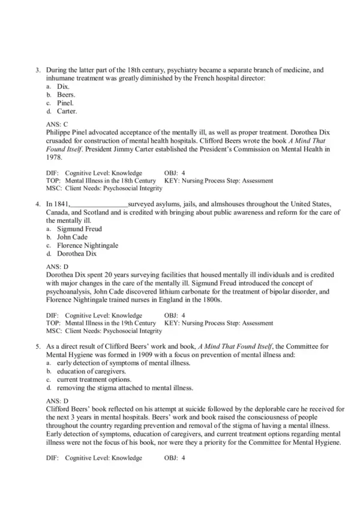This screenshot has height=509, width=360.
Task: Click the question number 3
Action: click(38, 70)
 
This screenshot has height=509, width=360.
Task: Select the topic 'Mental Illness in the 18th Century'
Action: click(110, 180)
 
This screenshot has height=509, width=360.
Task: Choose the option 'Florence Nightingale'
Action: click(88, 245)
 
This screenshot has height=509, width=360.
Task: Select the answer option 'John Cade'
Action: click(72, 237)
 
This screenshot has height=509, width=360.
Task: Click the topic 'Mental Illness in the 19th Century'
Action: click(110, 323)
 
